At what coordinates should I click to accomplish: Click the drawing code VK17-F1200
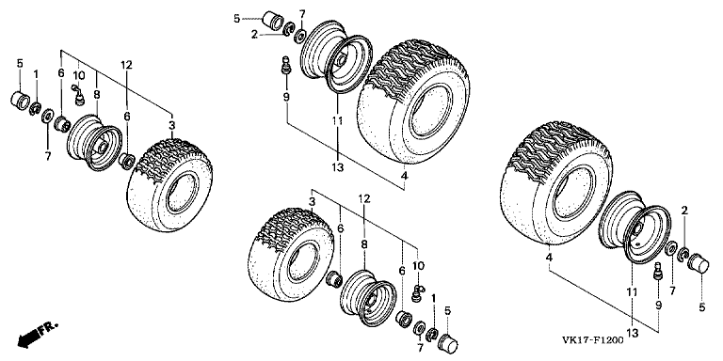click(x=592, y=340)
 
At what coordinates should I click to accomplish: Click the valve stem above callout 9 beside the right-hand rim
click(x=658, y=271)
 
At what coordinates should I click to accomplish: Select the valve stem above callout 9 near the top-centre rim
click(x=286, y=65)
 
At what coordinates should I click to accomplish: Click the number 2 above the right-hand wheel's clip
click(x=684, y=211)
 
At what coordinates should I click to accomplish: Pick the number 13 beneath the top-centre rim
click(x=338, y=167)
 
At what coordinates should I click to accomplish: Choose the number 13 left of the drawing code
click(x=633, y=333)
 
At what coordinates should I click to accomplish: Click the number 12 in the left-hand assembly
click(x=127, y=66)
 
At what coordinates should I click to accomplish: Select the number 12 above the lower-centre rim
click(x=364, y=199)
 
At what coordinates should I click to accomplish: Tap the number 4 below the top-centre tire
click(x=404, y=176)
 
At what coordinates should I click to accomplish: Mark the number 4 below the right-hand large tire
click(x=549, y=259)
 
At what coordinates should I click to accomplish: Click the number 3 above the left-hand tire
click(x=171, y=125)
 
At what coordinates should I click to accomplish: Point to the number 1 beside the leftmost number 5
click(x=36, y=74)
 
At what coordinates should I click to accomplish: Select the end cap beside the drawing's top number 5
click(x=273, y=22)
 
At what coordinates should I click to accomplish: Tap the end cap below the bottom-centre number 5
click(x=448, y=341)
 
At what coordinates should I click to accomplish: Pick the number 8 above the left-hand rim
click(x=96, y=95)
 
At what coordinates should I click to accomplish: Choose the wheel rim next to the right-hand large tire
click(x=635, y=228)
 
